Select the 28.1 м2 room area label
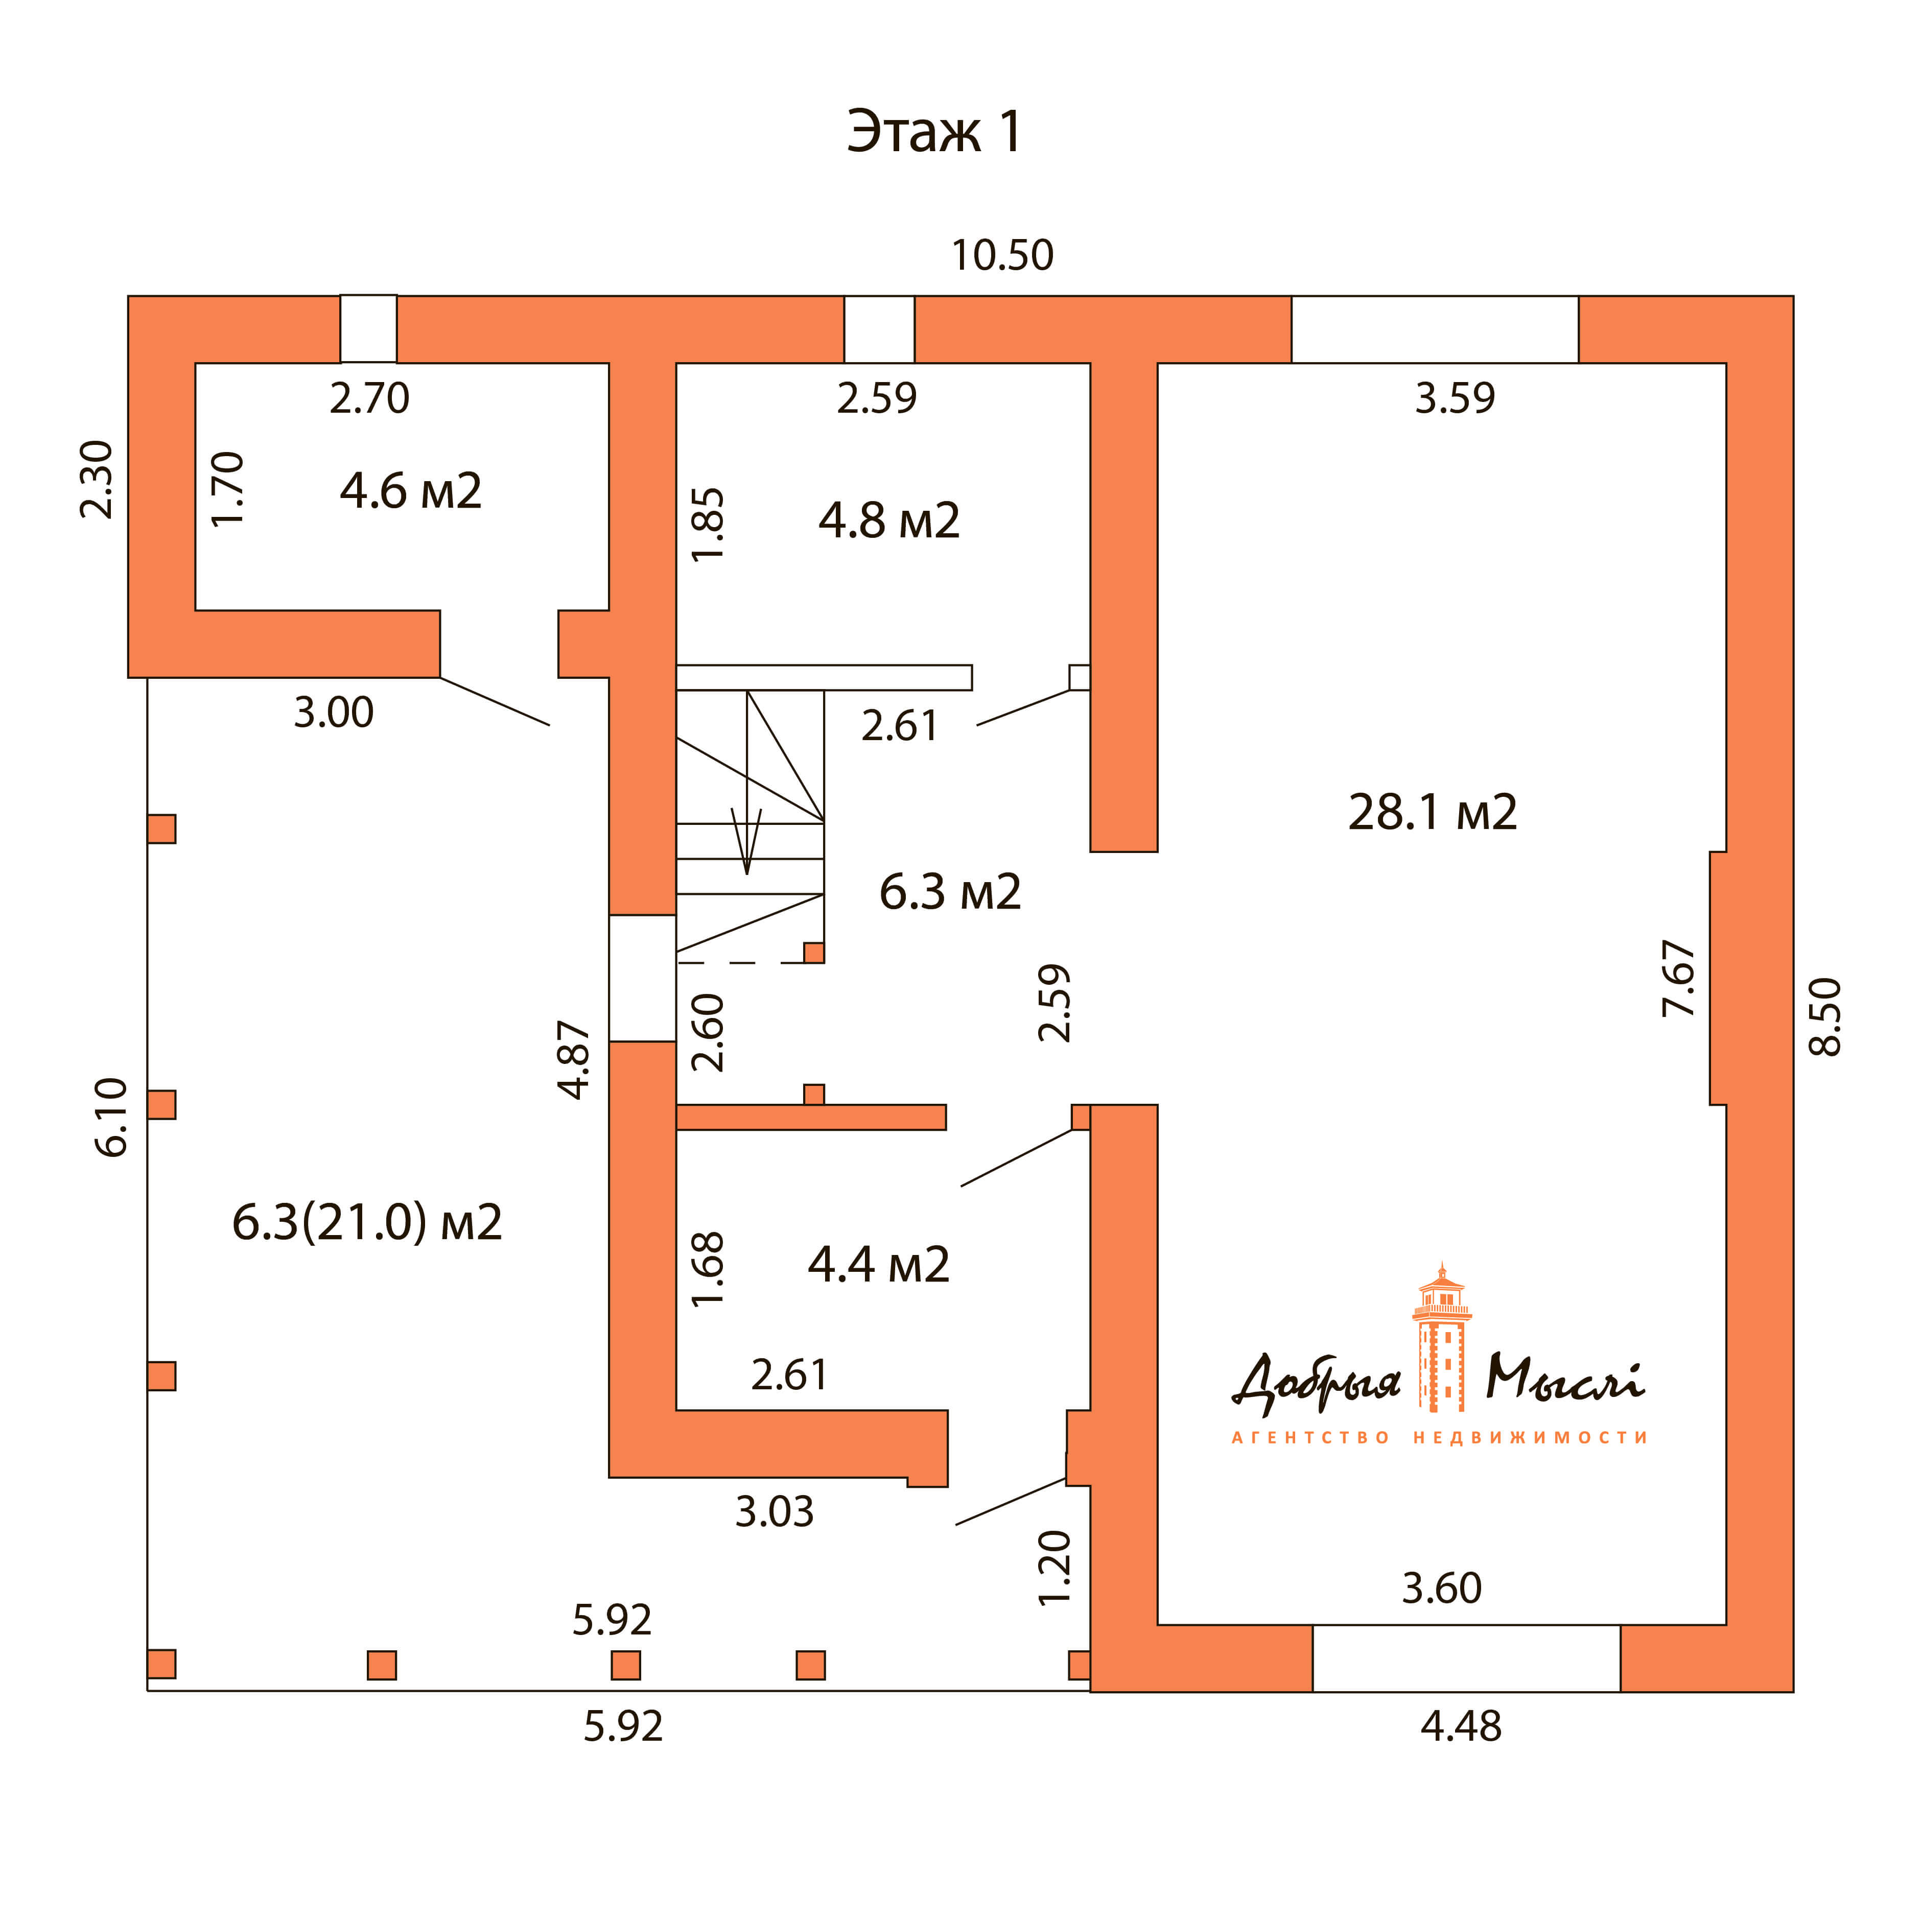coord(1432,812)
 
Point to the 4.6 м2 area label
coord(411,491)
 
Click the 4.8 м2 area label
coord(889,521)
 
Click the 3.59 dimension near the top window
coord(1455,398)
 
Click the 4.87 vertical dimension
coord(575,1059)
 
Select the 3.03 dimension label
coord(775,1512)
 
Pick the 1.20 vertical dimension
coord(1055,1568)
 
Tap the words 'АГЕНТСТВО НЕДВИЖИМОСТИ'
coord(1440,1438)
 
